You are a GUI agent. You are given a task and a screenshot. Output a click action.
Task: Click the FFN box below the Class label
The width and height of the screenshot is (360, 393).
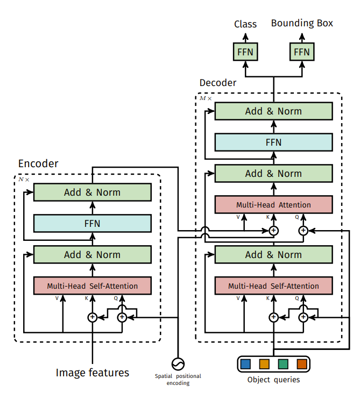tap(245, 52)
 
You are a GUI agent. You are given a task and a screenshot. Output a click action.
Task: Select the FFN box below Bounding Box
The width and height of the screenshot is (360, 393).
tap(302, 52)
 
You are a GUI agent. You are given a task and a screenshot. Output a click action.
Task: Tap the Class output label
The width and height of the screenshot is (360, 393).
tap(245, 24)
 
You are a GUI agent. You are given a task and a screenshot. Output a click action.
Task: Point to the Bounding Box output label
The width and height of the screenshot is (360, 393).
tap(302, 23)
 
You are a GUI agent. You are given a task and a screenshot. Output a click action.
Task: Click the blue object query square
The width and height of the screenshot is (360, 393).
tap(246, 364)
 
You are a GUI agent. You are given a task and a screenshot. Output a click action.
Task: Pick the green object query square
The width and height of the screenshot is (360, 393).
tap(283, 364)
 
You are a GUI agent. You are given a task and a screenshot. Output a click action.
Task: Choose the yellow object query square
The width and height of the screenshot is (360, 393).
tap(264, 364)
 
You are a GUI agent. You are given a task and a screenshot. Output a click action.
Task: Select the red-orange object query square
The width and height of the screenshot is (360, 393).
tap(301, 364)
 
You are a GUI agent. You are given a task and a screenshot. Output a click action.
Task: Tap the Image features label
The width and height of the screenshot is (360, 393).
tap(93, 372)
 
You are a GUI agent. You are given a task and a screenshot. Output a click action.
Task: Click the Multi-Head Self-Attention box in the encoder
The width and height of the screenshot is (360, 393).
tap(92, 286)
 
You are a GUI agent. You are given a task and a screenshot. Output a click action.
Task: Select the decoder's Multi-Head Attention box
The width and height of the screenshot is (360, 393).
tap(273, 205)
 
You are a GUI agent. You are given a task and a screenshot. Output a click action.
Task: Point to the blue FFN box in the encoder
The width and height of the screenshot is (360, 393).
tap(92, 223)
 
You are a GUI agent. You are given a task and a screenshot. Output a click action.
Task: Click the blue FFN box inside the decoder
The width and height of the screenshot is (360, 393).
tap(273, 142)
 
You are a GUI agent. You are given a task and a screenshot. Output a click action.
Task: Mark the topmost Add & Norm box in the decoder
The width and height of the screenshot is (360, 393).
tap(273, 111)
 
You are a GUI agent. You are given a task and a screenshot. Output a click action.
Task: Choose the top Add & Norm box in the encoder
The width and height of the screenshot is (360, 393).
tap(92, 192)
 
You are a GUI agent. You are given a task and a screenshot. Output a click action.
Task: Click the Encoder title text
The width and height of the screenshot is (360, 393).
tap(38, 163)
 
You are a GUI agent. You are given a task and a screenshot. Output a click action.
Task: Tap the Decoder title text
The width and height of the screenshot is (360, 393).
tap(217, 83)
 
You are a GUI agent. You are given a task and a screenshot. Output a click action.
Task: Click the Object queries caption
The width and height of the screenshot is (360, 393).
tap(273, 380)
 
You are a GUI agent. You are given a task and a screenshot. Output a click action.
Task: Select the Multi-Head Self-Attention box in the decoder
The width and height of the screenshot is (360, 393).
tap(273, 286)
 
